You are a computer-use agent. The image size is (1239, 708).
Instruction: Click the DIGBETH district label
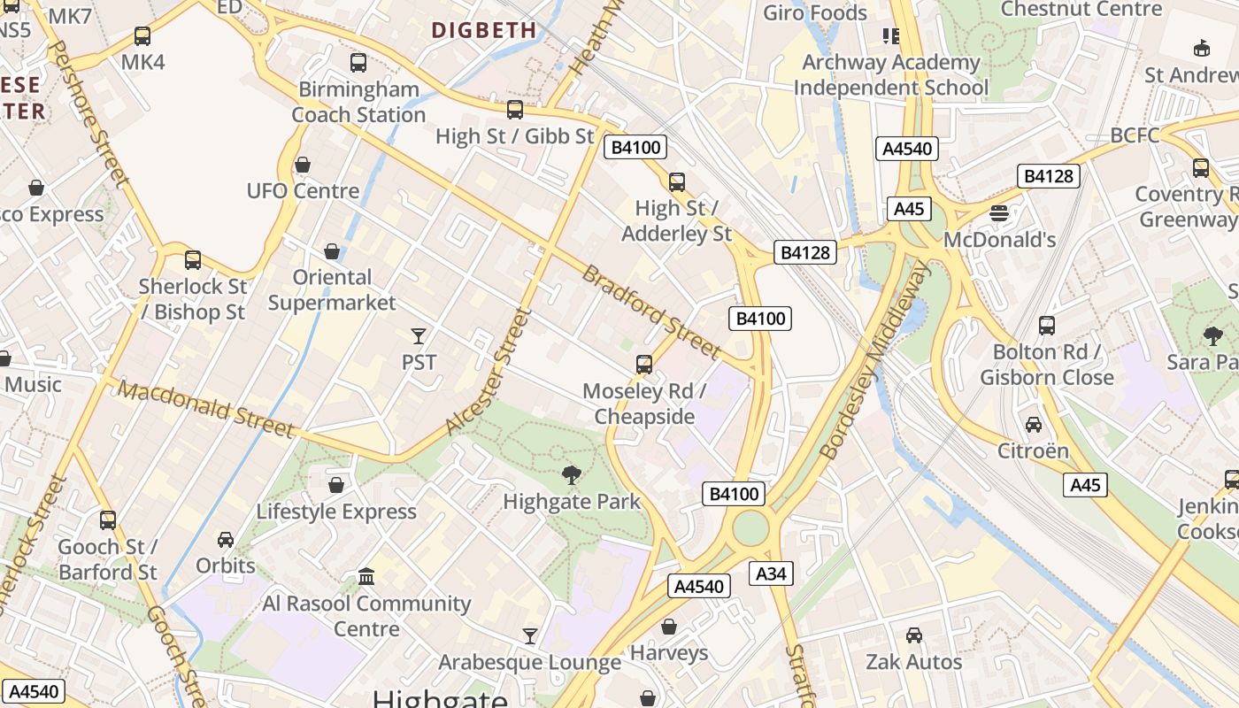coord(484,30)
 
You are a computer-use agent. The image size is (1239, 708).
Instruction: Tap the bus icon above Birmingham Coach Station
coord(358,63)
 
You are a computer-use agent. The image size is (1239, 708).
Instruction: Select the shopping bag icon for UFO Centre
coord(303,165)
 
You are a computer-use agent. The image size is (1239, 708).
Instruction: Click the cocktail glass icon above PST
coord(419,335)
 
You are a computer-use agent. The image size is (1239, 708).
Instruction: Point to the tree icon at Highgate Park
coord(572,475)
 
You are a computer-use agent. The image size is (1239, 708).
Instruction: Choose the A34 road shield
coord(771,573)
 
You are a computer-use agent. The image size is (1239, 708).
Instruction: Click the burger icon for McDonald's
coord(999,213)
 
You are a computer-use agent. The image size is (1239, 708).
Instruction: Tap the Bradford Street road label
coord(650,312)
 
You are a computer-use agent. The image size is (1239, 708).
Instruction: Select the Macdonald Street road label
coord(205,409)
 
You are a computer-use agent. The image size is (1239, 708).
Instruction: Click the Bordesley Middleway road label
coord(875,363)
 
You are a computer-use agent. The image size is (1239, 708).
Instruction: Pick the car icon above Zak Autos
coord(914,635)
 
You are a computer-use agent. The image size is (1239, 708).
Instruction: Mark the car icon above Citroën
coord(1033,425)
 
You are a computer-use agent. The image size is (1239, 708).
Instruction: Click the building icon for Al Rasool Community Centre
coord(366,577)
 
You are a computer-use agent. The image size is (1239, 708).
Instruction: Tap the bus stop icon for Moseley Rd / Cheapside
coord(644,365)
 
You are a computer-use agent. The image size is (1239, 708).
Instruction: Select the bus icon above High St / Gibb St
coord(514,110)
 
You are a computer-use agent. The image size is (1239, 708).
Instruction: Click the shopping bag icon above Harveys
coord(669,627)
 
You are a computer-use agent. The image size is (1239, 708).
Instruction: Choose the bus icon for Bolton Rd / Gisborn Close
coord(1047,326)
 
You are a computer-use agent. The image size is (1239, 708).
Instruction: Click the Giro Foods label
coord(815,12)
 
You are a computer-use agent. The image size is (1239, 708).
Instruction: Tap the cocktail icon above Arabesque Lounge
coord(529,635)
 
